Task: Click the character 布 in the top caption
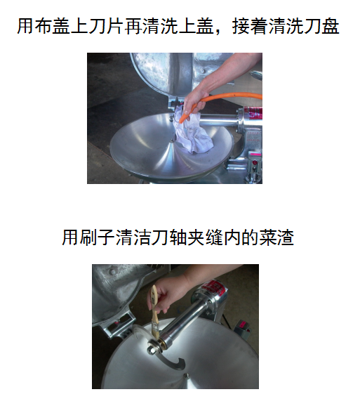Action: coord(43,26)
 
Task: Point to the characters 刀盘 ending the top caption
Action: coord(321,26)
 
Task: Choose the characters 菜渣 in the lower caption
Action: coord(276,237)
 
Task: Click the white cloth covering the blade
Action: coord(193,132)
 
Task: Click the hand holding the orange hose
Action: coord(194,103)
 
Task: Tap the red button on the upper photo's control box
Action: coord(255,163)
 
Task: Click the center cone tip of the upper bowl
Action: coord(172,141)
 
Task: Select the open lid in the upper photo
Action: coord(161,74)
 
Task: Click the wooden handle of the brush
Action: coord(154,306)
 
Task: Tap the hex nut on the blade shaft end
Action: coord(151,351)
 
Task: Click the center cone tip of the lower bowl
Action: coord(185,375)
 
